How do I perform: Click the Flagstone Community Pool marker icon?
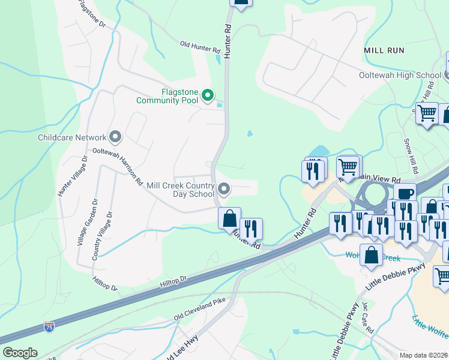[x=208, y=95]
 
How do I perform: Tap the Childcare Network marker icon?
[x=115, y=137]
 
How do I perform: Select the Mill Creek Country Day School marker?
[x=224, y=190]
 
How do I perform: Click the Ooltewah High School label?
[x=399, y=75]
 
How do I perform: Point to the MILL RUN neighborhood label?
[x=384, y=50]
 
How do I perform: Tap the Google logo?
[x=20, y=353]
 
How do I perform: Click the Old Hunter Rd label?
[x=200, y=47]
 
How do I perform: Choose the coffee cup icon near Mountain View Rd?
[x=405, y=193]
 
